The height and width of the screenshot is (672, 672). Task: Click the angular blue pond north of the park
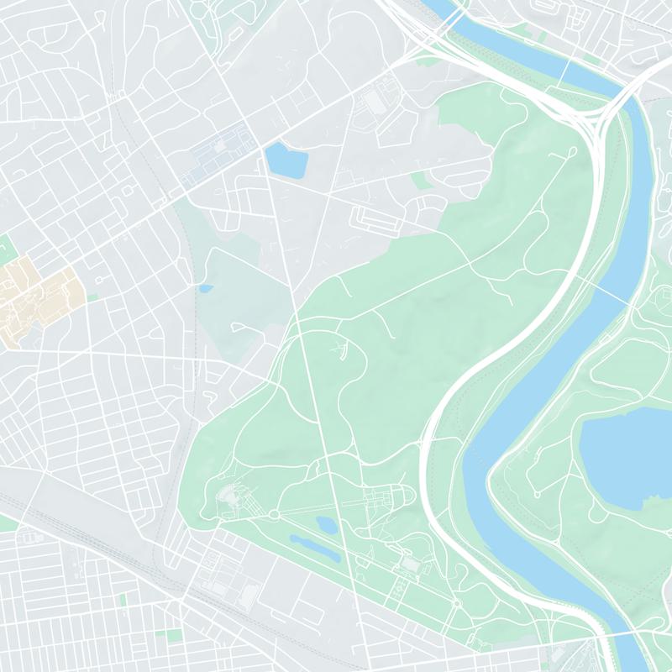[286, 160]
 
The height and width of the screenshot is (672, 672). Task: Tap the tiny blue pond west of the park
[206, 289]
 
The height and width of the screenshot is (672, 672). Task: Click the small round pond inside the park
[326, 526]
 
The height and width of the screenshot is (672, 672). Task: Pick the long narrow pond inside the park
[315, 548]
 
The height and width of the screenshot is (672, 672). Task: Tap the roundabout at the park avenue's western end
[274, 514]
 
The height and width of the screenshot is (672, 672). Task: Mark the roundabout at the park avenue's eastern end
[457, 603]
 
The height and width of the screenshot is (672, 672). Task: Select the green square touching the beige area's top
[7, 247]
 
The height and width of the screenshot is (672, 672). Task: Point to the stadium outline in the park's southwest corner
[228, 501]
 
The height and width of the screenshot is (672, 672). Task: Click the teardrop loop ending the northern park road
[571, 153]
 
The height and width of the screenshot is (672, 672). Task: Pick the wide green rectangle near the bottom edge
[173, 636]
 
